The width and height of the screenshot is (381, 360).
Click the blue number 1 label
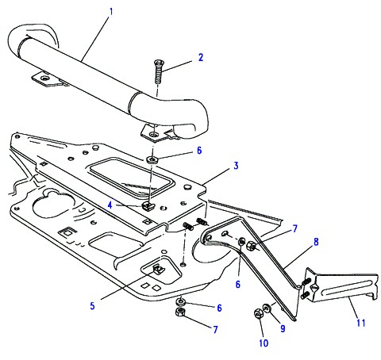point(111,12)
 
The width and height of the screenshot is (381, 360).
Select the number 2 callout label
point(201,57)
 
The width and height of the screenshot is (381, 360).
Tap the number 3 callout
point(236,166)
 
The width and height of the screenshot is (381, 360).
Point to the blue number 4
point(110,205)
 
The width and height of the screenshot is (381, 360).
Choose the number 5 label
point(92,306)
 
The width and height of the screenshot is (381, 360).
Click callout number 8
point(316,242)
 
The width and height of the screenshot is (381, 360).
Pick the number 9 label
point(283,328)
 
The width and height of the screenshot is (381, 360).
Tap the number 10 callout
point(264,343)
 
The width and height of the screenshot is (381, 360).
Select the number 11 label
point(361,323)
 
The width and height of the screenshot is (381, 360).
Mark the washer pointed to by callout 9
point(267,308)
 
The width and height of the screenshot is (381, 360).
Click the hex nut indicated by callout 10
point(258,313)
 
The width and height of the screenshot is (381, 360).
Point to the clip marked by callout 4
point(148,205)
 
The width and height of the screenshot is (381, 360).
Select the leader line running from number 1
point(96,39)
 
